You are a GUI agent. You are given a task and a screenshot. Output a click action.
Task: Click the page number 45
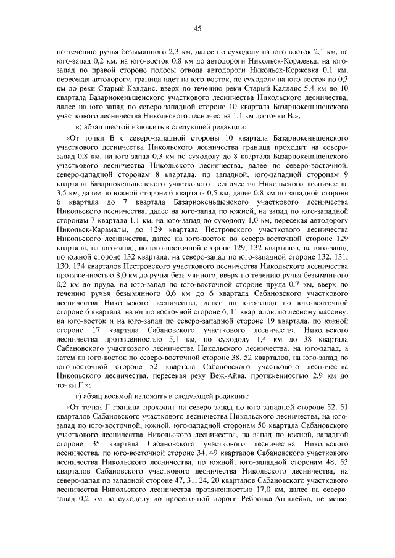tap(197, 28)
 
